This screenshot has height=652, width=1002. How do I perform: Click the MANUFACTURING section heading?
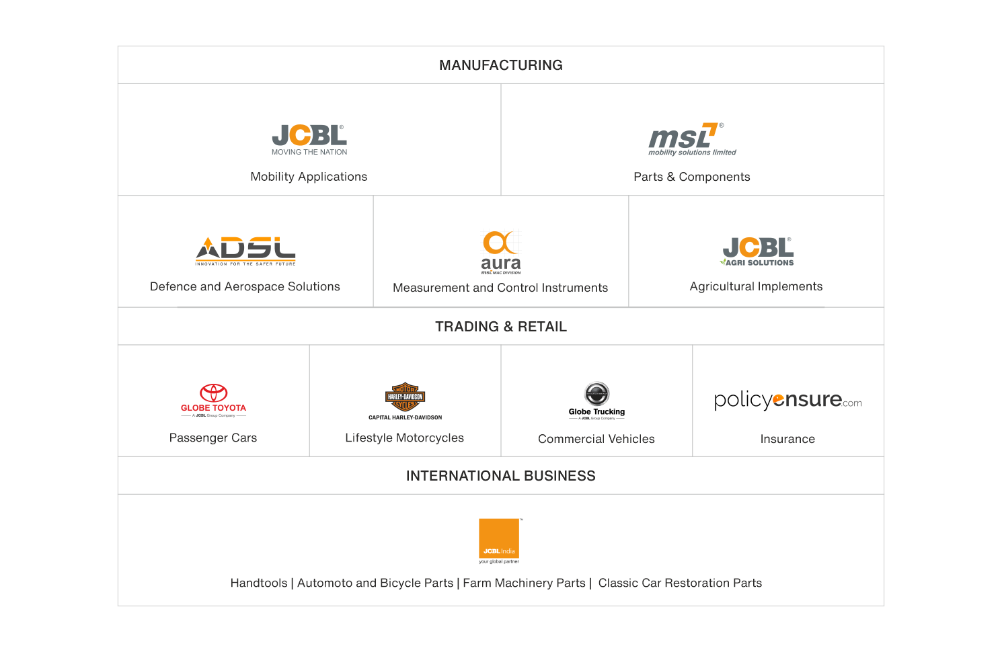501,65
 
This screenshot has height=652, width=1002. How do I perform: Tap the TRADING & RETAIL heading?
501,327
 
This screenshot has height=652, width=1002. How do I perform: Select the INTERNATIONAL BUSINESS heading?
501,476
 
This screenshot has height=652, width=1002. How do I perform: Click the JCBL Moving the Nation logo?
309,139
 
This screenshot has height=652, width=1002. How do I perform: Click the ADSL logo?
245,250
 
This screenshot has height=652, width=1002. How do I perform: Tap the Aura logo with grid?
501,251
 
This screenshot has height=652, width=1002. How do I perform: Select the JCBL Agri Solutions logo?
758,251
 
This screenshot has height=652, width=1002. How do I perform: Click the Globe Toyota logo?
213,400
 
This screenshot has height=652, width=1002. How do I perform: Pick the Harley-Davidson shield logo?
405,398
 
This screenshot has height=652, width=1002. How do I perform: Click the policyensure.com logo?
788,401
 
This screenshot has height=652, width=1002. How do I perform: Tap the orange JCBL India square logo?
499,538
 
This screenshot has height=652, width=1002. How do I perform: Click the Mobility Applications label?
309,177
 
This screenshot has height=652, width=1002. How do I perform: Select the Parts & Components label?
691,177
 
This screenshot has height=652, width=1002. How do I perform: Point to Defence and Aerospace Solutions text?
245,287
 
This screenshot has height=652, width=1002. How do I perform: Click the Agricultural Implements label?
756,286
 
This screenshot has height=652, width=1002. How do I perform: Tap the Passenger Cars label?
213,438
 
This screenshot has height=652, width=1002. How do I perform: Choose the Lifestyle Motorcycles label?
404,438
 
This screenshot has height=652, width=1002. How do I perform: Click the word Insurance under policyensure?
787,439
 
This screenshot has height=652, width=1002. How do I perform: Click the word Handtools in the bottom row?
259,583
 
